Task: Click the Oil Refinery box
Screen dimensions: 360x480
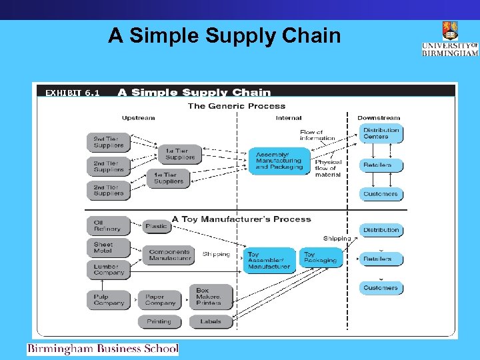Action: pos(107,226)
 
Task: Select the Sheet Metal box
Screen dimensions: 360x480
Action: pos(107,248)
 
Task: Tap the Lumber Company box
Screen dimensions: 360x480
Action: pos(107,269)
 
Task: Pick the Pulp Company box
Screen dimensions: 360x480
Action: pos(107,299)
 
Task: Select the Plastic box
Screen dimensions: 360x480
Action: pos(157,226)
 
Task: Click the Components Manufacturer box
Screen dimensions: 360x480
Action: pos(169,255)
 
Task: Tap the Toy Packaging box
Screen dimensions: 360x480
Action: pos(320,257)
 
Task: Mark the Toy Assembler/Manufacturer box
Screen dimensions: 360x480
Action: pos(269,260)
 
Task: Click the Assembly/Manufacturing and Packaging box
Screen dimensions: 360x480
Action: pos(279,161)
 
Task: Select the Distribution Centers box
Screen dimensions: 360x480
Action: pos(381,133)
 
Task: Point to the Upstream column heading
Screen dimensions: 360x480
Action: pos(138,118)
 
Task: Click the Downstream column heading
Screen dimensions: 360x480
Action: pos(379,118)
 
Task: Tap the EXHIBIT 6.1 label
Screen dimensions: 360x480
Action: pos(72,93)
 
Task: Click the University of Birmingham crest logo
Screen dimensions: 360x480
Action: pos(450,31)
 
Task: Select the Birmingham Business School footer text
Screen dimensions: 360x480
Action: pos(103,349)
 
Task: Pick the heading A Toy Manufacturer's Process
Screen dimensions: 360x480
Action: pos(241,219)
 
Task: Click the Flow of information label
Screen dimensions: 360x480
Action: pos(317,135)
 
